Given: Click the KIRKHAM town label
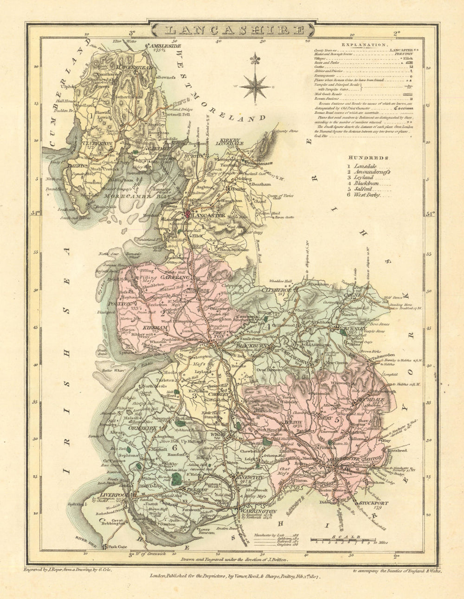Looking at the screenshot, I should (155, 328).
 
